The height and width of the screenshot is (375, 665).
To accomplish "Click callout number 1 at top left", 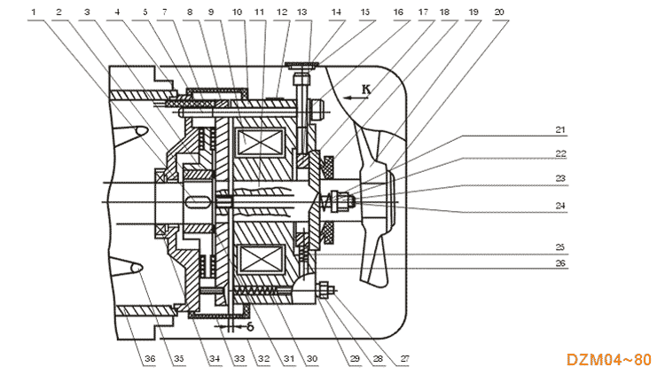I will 34,12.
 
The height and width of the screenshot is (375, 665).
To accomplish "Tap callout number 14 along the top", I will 336,12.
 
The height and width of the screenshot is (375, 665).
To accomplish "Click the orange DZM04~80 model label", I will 609,359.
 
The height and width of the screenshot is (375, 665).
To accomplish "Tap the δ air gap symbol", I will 251,326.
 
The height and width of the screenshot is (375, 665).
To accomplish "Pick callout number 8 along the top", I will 188,12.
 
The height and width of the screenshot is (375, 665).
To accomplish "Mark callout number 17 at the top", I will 423,12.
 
